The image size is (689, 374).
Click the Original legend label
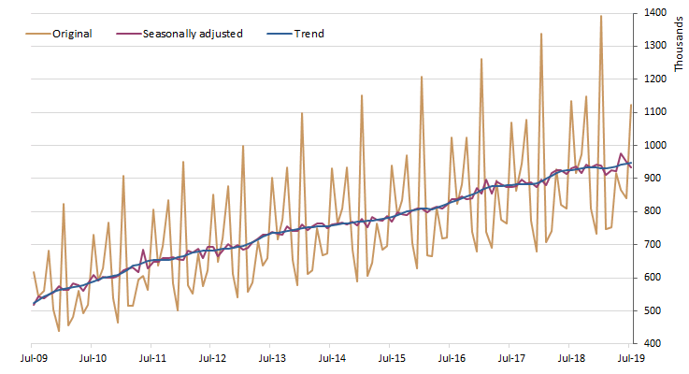point(72,34)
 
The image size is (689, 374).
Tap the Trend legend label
point(309,34)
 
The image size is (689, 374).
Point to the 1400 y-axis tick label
point(653,13)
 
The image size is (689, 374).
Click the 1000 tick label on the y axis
point(653,145)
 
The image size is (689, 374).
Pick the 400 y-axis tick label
point(656,344)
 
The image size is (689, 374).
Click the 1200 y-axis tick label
point(653,79)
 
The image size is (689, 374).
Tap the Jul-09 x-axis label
point(34,358)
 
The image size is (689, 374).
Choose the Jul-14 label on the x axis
point(332,358)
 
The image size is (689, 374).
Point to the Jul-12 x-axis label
point(213,358)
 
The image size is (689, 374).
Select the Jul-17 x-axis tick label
point(511,358)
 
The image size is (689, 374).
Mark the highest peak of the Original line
point(601,16)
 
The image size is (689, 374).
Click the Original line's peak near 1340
point(541,34)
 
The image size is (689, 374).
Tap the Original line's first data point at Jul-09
point(34,272)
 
